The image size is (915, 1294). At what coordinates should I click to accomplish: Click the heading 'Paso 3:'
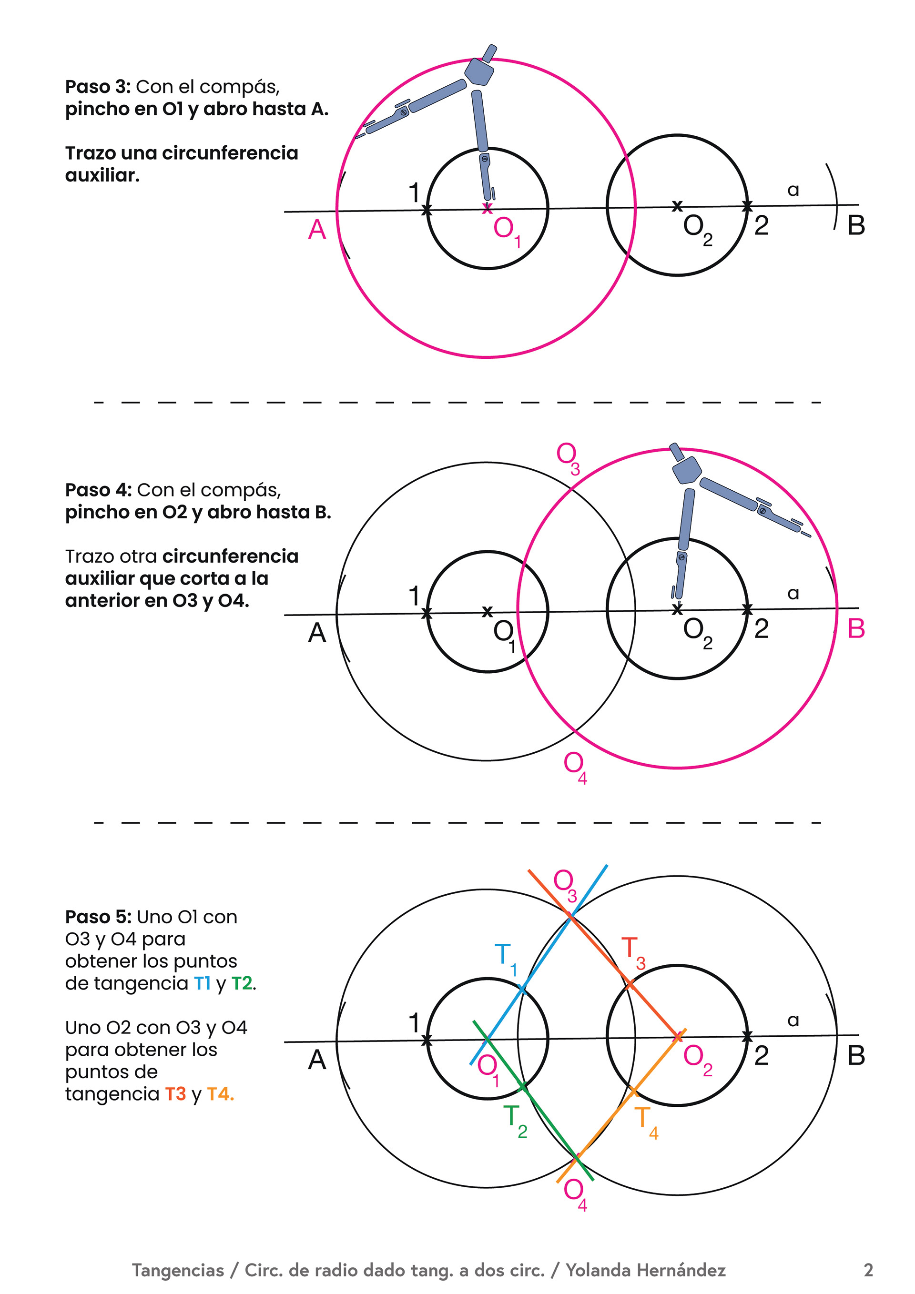tap(98, 87)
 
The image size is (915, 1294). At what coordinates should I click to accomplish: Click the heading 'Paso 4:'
tap(98, 490)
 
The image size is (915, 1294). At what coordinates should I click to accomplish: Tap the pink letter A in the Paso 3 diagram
tap(317, 230)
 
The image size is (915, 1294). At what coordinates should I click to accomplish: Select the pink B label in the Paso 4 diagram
tap(856, 628)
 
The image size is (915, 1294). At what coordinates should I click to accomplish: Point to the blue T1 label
tap(505, 957)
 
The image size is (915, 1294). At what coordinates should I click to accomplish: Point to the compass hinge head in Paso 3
tap(479, 71)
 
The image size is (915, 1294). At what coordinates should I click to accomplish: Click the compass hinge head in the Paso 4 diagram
tap(687, 469)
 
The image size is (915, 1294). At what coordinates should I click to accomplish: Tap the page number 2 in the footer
tap(868, 1270)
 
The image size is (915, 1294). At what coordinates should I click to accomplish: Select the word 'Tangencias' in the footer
tap(178, 1270)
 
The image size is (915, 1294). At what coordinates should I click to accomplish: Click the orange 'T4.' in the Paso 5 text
tap(220, 1094)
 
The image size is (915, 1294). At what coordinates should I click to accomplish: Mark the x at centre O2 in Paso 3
tap(677, 206)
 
